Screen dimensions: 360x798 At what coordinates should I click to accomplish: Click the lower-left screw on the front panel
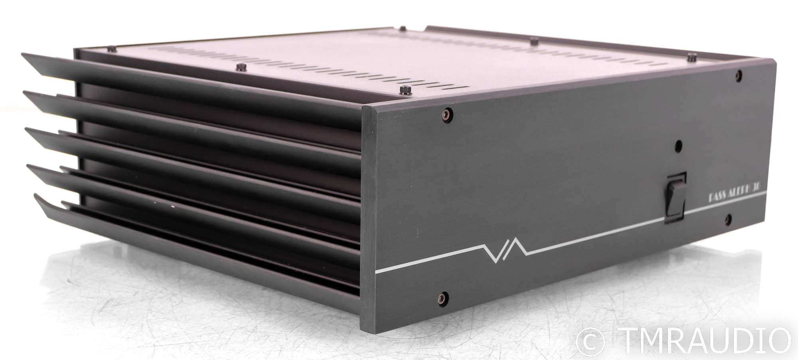point(440,297)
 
